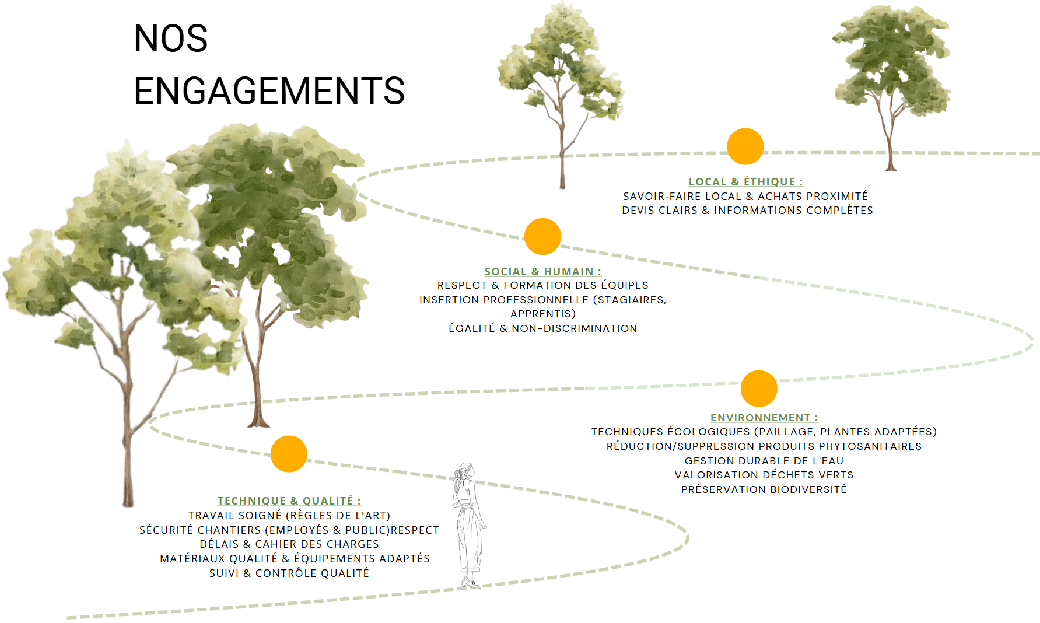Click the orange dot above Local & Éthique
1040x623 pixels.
tap(745, 146)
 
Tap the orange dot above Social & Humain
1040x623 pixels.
tap(542, 236)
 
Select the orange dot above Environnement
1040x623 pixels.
tap(758, 388)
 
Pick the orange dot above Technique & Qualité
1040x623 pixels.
tap(289, 454)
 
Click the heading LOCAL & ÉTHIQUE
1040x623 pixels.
tap(745, 182)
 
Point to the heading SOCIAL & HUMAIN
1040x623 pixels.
tap(542, 272)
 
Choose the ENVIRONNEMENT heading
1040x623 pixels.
tap(764, 418)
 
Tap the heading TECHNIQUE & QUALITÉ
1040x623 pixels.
tap(289, 501)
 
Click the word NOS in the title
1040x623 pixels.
tap(171, 39)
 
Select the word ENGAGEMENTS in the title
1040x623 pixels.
tap(269, 91)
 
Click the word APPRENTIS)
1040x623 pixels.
tap(543, 314)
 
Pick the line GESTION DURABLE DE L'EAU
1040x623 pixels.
tap(764, 461)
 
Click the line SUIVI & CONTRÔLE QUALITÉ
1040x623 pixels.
tap(289, 573)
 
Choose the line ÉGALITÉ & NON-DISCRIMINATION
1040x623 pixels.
tap(542, 328)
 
